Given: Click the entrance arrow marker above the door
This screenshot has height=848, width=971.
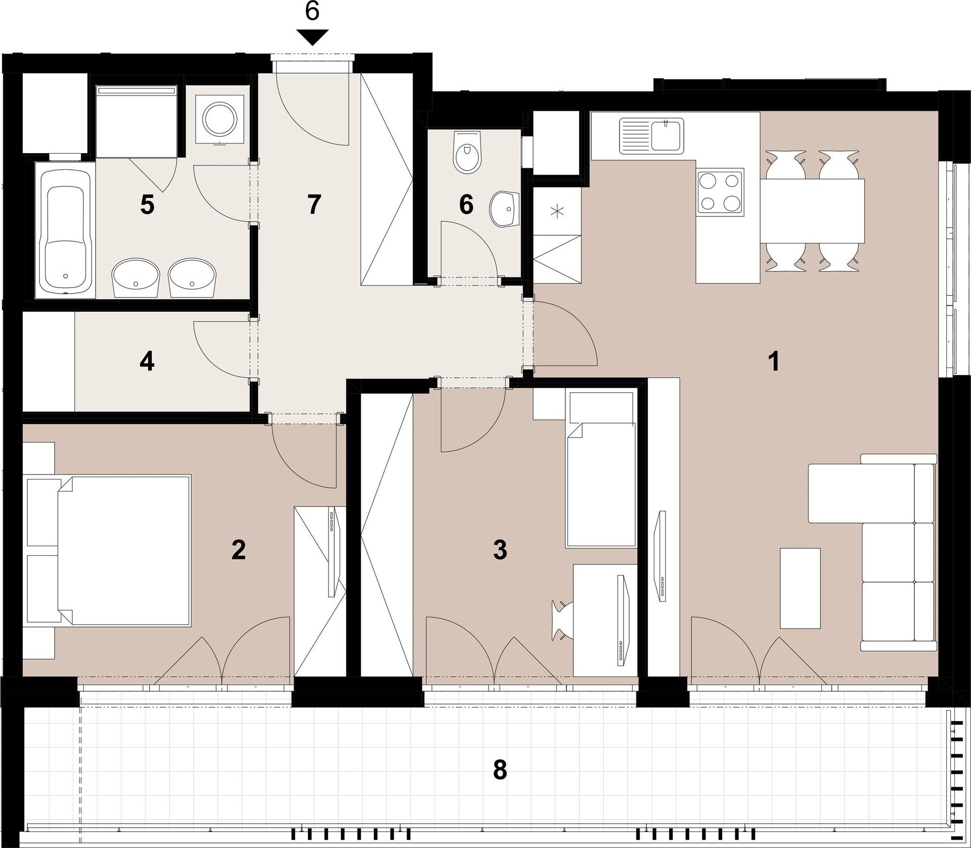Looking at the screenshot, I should coord(312,37).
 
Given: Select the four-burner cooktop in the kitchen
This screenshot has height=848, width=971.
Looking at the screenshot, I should coord(720,192).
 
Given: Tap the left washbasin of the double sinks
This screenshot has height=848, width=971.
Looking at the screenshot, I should coord(135,277).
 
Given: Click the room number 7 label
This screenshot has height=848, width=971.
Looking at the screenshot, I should coord(314,205).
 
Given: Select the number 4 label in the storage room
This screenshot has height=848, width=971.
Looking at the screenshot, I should coord(147,362).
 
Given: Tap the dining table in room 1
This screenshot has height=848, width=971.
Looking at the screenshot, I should coord(811,211).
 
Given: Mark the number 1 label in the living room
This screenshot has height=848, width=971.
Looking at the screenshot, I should coord(773,362).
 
